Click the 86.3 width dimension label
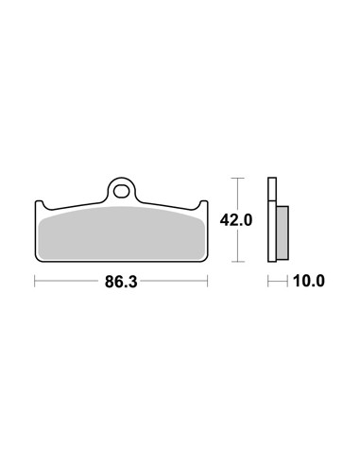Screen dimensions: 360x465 pyautogui.click(x=121, y=282)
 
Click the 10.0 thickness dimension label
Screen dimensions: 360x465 pyautogui.click(x=309, y=281)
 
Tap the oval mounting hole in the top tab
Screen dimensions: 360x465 pyautogui.click(x=121, y=192)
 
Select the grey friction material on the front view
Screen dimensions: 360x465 pyautogui.click(x=122, y=233)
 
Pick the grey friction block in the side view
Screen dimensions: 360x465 pyautogui.click(x=283, y=233)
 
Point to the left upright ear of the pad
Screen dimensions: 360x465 pyautogui.click(x=39, y=205)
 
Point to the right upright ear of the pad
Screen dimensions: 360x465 pyautogui.click(x=204, y=205)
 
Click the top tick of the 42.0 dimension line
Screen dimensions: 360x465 pyautogui.click(x=237, y=179)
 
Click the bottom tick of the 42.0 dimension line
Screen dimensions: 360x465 pyautogui.click(x=237, y=262)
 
